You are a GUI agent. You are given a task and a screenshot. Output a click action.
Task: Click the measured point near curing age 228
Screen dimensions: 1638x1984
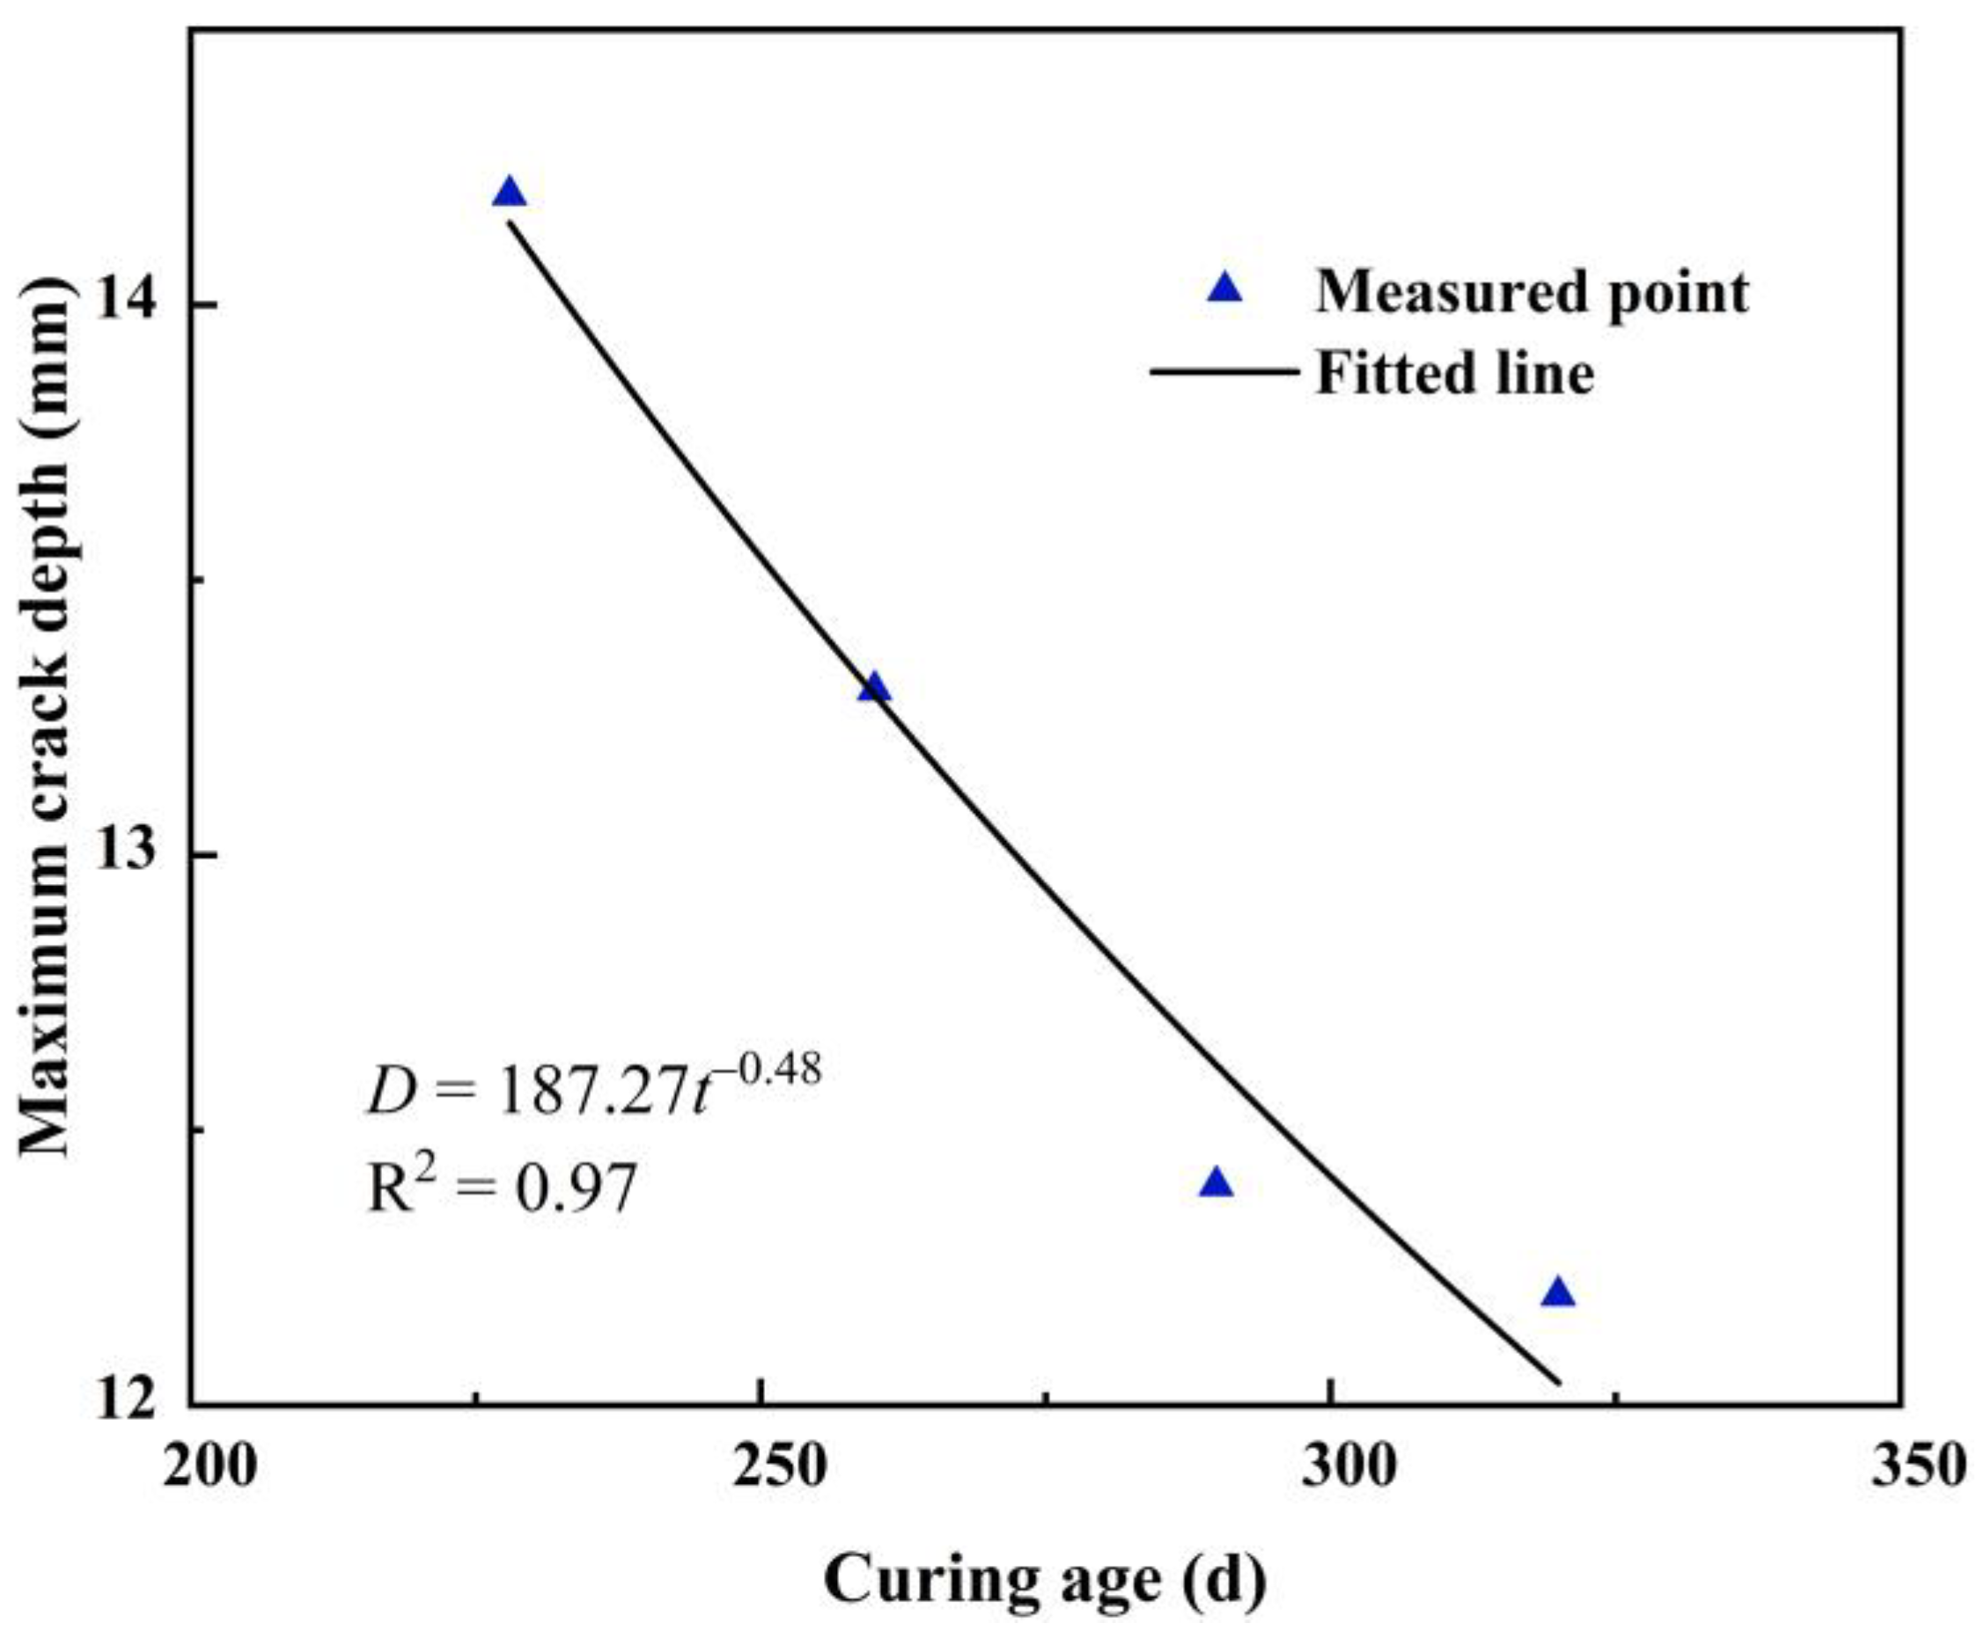[509, 194]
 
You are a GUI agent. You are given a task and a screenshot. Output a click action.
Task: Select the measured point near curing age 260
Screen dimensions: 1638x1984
[874, 688]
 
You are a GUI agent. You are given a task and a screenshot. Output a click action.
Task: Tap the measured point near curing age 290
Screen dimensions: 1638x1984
[1216, 1183]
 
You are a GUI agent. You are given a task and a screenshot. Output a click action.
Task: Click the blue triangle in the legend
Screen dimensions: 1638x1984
[1224, 288]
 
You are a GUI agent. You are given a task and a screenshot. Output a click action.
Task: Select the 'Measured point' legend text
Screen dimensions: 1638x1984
[1531, 291]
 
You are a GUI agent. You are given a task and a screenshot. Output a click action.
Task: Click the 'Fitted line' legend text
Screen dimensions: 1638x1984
[1454, 374]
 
